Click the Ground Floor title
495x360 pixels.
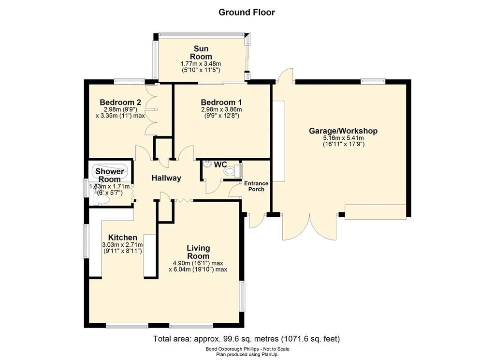click(x=247, y=12)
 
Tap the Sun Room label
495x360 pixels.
click(x=201, y=53)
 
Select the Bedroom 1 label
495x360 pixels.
click(x=221, y=103)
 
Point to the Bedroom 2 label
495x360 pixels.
click(x=120, y=103)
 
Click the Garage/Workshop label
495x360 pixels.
click(x=343, y=131)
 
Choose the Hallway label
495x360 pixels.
click(x=166, y=178)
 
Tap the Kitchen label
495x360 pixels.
click(x=122, y=238)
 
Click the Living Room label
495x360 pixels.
click(x=198, y=252)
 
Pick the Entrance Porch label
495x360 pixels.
click(x=256, y=186)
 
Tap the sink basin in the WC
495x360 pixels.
click(x=207, y=164)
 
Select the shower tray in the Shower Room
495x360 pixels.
click(x=110, y=171)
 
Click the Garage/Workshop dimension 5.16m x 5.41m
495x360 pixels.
click(x=344, y=138)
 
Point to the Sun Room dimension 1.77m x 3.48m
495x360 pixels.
click(x=201, y=64)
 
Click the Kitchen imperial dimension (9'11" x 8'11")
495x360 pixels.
click(x=122, y=251)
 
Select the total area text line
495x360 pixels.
click(x=247, y=339)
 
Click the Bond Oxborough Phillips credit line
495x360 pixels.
click(x=247, y=349)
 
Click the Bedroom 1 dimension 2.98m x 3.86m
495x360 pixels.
click(x=221, y=110)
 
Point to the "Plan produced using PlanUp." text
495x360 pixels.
click(x=247, y=355)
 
